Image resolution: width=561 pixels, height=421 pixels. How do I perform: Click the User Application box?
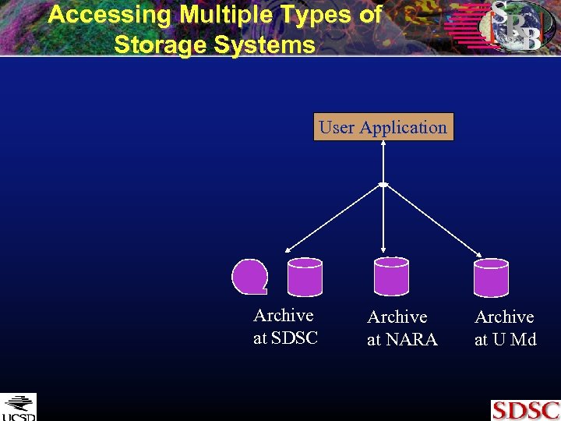[x=383, y=127]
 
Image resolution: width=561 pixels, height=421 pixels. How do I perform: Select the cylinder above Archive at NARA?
[x=391, y=276]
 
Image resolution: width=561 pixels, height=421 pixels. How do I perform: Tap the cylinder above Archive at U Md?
[x=492, y=277]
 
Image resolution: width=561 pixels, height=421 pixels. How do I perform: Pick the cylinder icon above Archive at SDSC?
[x=305, y=277]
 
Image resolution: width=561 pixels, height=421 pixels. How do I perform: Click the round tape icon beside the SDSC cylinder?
[x=250, y=277]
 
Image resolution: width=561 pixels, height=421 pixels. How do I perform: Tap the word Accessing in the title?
[x=109, y=14]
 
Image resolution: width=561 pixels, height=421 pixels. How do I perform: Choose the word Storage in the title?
[x=160, y=44]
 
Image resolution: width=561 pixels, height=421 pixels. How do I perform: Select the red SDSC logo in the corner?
[x=524, y=409]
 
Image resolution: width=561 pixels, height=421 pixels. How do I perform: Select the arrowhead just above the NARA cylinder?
[x=383, y=252]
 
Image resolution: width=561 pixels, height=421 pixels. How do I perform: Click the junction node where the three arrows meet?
[x=383, y=184]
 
